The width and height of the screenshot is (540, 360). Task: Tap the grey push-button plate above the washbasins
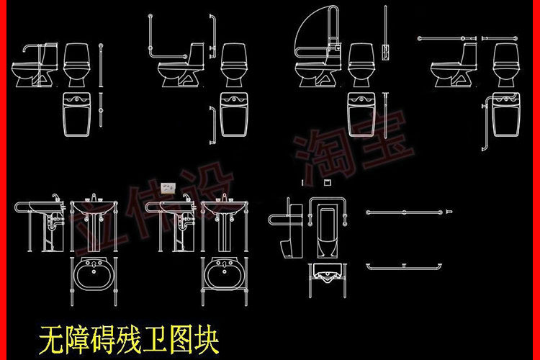(168, 187)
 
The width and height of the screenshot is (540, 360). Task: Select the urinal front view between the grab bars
(328, 232)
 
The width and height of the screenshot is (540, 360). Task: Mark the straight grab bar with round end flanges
(408, 212)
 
